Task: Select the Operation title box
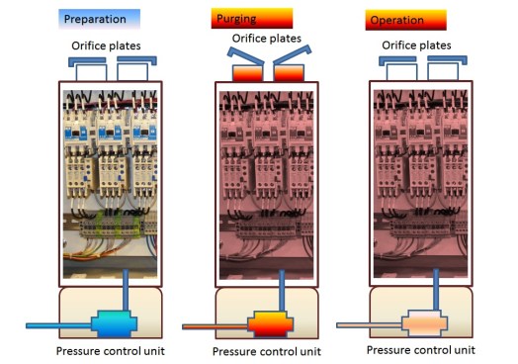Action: [405, 20]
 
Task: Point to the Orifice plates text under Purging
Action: [268, 38]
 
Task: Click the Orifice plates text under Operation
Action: [417, 44]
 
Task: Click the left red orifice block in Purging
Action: [246, 74]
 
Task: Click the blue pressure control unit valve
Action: [118, 324]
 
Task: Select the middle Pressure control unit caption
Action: [268, 352]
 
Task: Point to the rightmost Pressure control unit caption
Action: [420, 350]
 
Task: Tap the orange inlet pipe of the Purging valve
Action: [214, 325]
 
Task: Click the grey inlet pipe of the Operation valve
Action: [366, 324]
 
